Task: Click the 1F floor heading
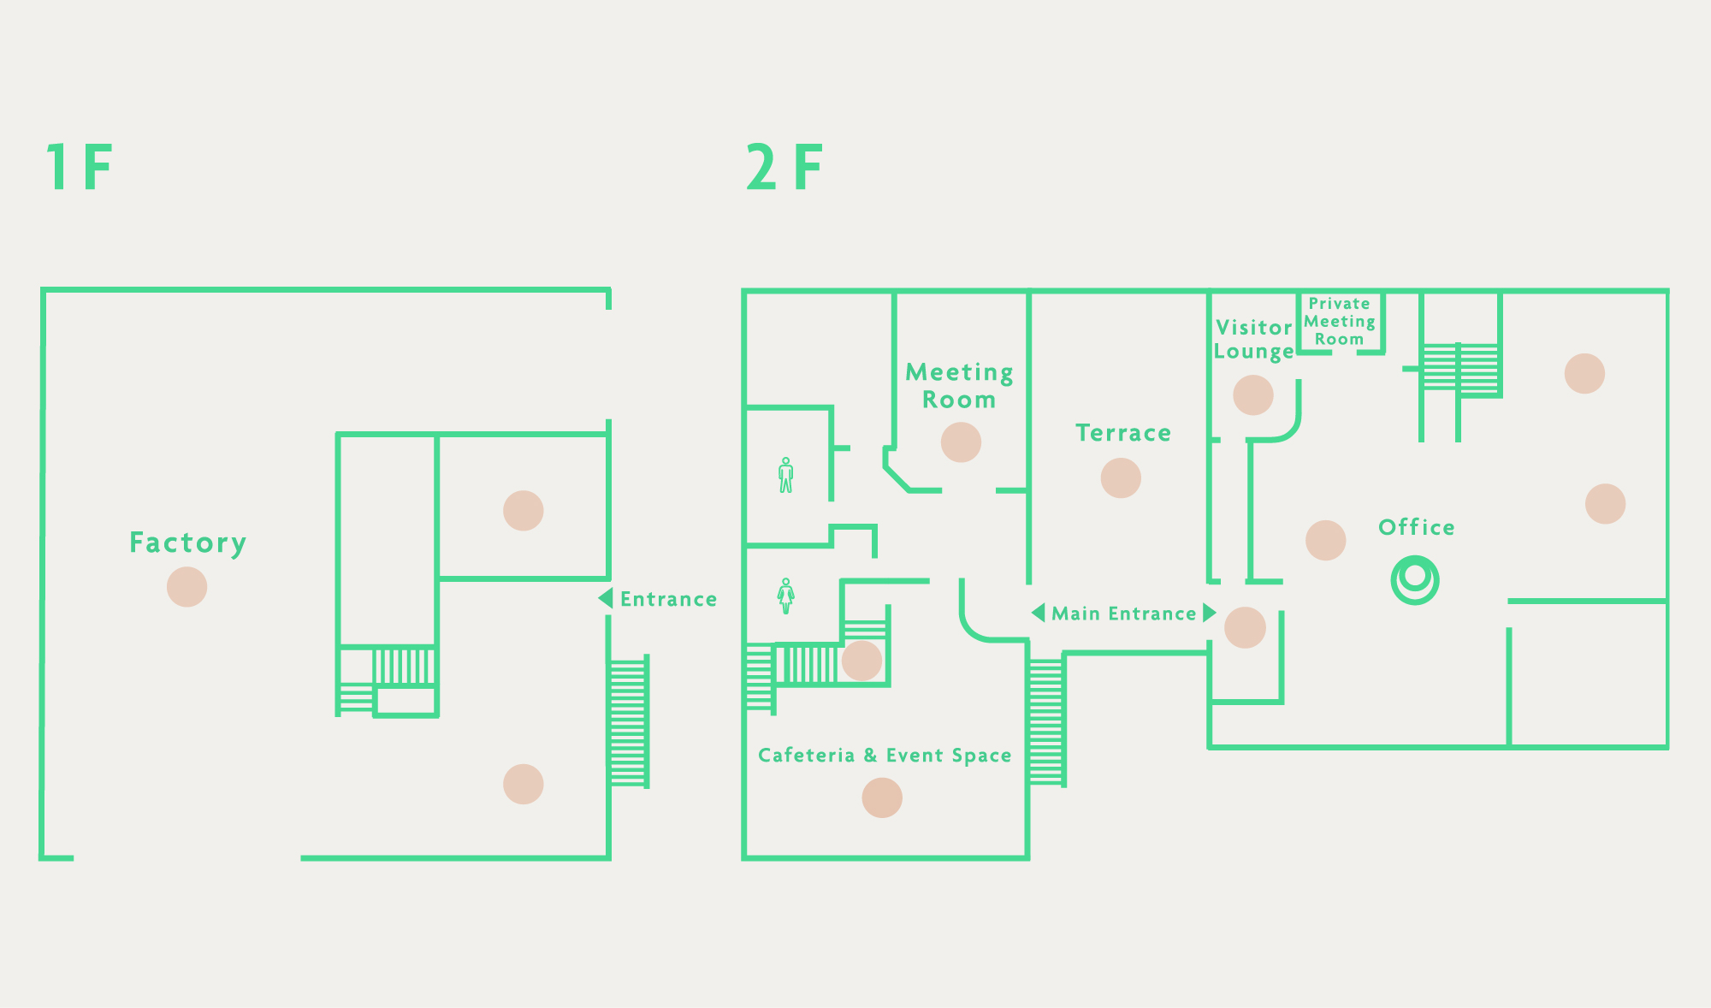pos(80,167)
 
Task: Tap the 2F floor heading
pos(784,167)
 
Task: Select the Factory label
pos(188,543)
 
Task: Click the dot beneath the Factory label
pos(186,587)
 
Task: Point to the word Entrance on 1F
pos(668,599)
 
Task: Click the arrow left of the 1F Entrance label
pos(606,598)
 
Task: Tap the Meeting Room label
pos(960,386)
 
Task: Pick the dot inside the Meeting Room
pos(961,442)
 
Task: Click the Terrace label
pos(1123,433)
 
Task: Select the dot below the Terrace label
pos(1121,477)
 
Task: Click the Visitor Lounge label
pos(1254,340)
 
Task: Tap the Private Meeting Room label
pos(1340,322)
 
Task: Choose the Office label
pos(1417,527)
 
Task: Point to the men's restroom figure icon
pos(786,475)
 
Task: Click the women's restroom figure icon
pos(786,596)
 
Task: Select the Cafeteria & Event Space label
pos(885,756)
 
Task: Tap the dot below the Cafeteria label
pos(882,798)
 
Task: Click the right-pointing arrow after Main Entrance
pos(1210,613)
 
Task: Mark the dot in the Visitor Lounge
pos(1253,395)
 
